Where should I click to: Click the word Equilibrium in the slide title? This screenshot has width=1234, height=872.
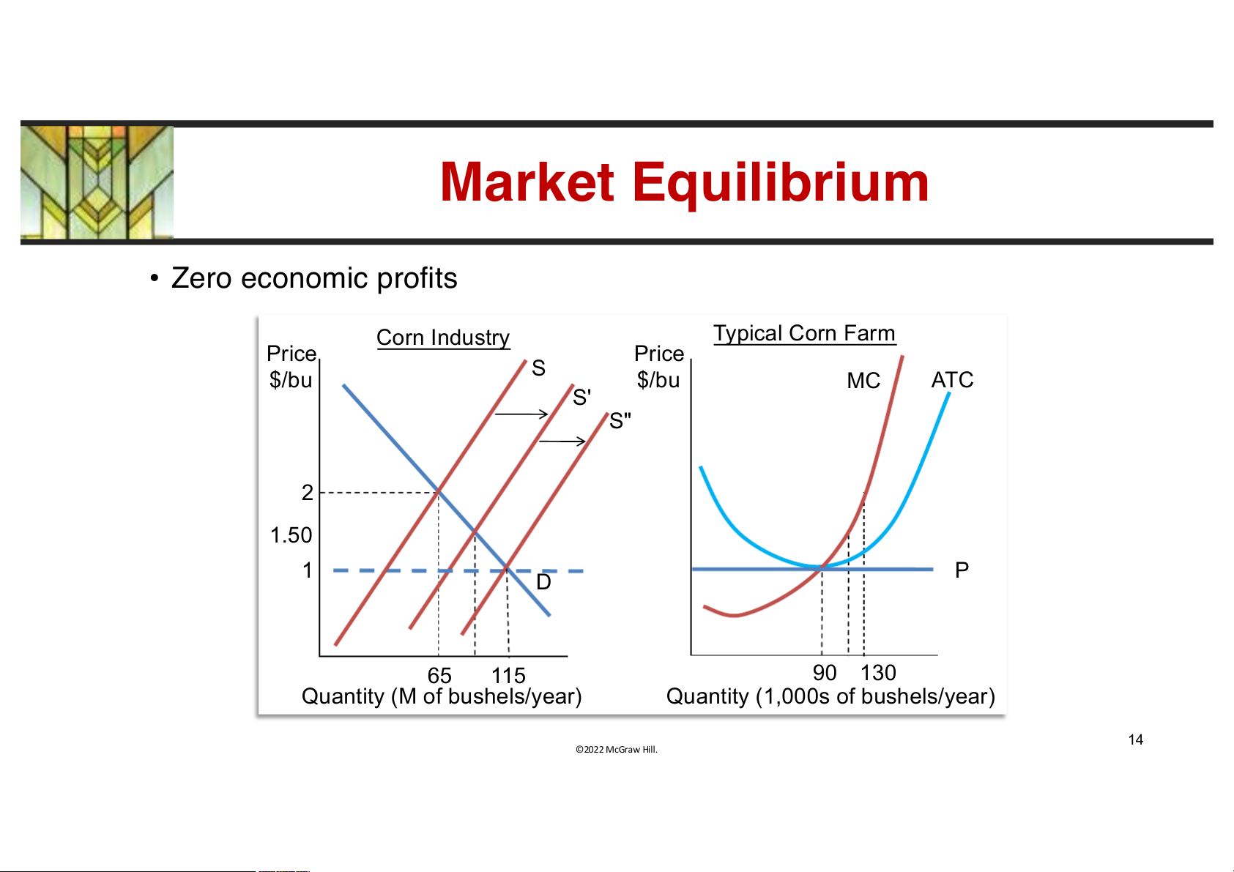click(780, 184)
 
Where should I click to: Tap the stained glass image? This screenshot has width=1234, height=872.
click(97, 182)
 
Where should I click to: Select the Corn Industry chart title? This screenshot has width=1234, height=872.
click(443, 337)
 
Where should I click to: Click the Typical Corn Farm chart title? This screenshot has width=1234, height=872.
click(804, 333)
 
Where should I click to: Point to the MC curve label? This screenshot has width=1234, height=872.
click(863, 381)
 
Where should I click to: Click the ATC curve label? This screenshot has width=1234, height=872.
click(952, 379)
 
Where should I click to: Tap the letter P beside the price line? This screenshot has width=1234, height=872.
click(962, 570)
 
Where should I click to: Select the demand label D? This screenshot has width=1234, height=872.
click(543, 582)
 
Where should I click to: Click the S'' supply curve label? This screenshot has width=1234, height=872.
click(620, 420)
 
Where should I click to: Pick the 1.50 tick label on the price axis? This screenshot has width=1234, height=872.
click(291, 535)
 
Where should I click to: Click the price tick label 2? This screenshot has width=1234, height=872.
click(308, 493)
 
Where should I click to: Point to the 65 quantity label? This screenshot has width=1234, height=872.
click(439, 675)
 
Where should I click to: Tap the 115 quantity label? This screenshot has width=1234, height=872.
click(508, 675)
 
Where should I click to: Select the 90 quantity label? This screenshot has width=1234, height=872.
click(824, 673)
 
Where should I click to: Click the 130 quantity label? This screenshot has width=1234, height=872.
click(878, 673)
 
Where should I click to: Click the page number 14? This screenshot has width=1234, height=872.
click(1135, 739)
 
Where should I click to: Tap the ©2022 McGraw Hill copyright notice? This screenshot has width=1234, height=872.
click(617, 749)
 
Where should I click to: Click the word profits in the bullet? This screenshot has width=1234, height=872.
click(417, 278)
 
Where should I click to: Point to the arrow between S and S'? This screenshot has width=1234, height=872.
click(521, 414)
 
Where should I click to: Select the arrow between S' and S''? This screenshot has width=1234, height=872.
click(562, 441)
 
